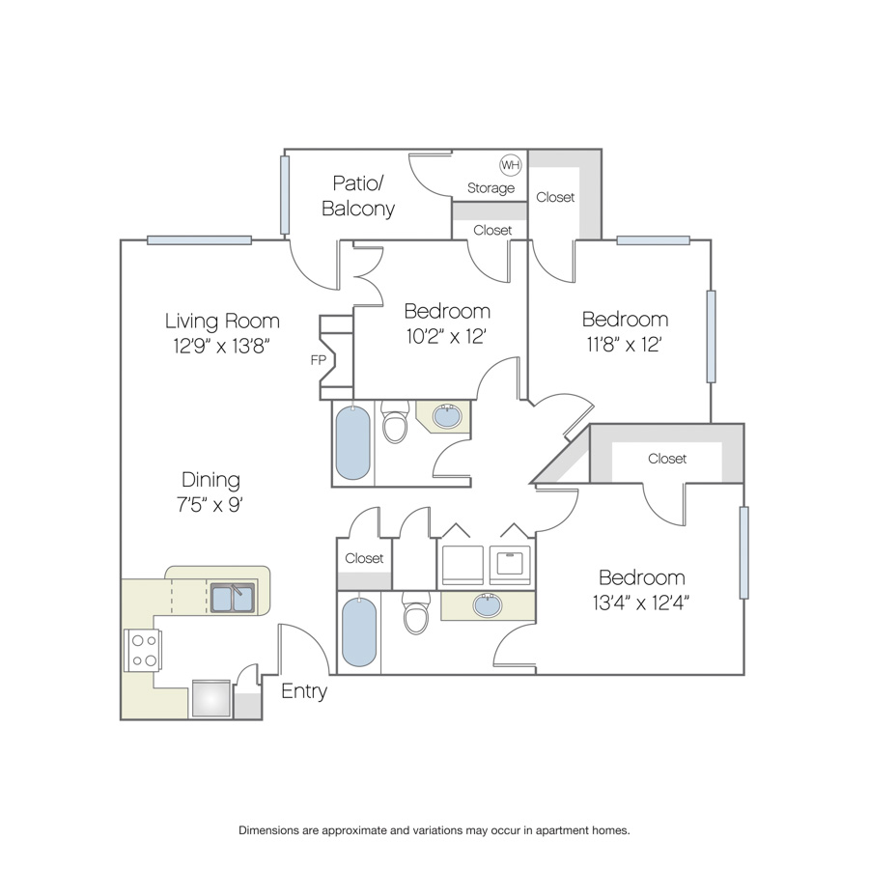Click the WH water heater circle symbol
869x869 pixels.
pyautogui.click(x=511, y=164)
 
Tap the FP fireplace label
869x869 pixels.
pyautogui.click(x=318, y=360)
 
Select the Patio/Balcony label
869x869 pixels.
pyautogui.click(x=358, y=196)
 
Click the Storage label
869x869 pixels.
pyautogui.click(x=491, y=188)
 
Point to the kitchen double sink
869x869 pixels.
pyautogui.click(x=233, y=598)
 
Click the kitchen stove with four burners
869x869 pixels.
pyautogui.click(x=144, y=651)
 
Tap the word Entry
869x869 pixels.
pyautogui.click(x=304, y=691)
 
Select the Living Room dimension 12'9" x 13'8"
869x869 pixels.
pyautogui.click(x=222, y=347)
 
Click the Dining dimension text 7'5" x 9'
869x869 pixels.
pyautogui.click(x=210, y=505)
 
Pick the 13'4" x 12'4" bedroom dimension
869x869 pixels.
pyautogui.click(x=641, y=603)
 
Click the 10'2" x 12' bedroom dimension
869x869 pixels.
pyautogui.click(x=446, y=336)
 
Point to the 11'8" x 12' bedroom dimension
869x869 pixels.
pyautogui.click(x=624, y=345)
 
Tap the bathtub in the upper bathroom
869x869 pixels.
pyautogui.click(x=352, y=442)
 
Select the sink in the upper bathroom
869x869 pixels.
pyautogui.click(x=447, y=416)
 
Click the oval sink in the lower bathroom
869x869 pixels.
pyautogui.click(x=488, y=604)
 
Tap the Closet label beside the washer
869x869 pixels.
pyautogui.click(x=364, y=558)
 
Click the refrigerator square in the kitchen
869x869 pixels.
pyautogui.click(x=211, y=698)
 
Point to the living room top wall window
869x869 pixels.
pyautogui.click(x=200, y=240)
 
